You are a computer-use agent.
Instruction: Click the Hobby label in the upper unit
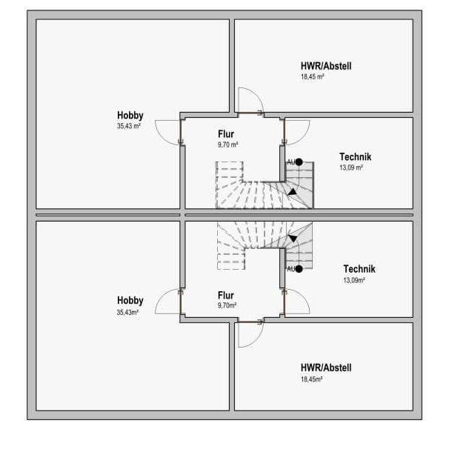(x=130, y=115)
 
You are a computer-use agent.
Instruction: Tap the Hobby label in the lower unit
(x=130, y=300)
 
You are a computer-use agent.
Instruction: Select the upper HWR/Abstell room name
(x=326, y=66)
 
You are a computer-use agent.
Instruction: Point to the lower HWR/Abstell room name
(x=326, y=367)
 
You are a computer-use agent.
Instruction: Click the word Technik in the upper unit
(x=356, y=156)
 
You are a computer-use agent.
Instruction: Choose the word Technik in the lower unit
(x=359, y=269)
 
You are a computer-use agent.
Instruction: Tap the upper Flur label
(x=226, y=134)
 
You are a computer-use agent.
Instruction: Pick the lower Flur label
(x=226, y=295)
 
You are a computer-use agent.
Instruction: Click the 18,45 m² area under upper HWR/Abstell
(x=312, y=77)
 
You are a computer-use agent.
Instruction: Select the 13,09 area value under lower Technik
(x=354, y=280)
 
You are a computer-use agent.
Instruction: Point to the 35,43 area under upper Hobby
(x=129, y=126)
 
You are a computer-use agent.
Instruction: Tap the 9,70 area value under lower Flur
(x=227, y=305)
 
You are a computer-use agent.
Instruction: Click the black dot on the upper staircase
(x=299, y=162)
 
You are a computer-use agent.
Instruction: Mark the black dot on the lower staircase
(x=299, y=269)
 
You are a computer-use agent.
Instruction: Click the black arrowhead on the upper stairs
(x=292, y=193)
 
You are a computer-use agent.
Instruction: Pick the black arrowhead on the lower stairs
(x=293, y=239)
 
